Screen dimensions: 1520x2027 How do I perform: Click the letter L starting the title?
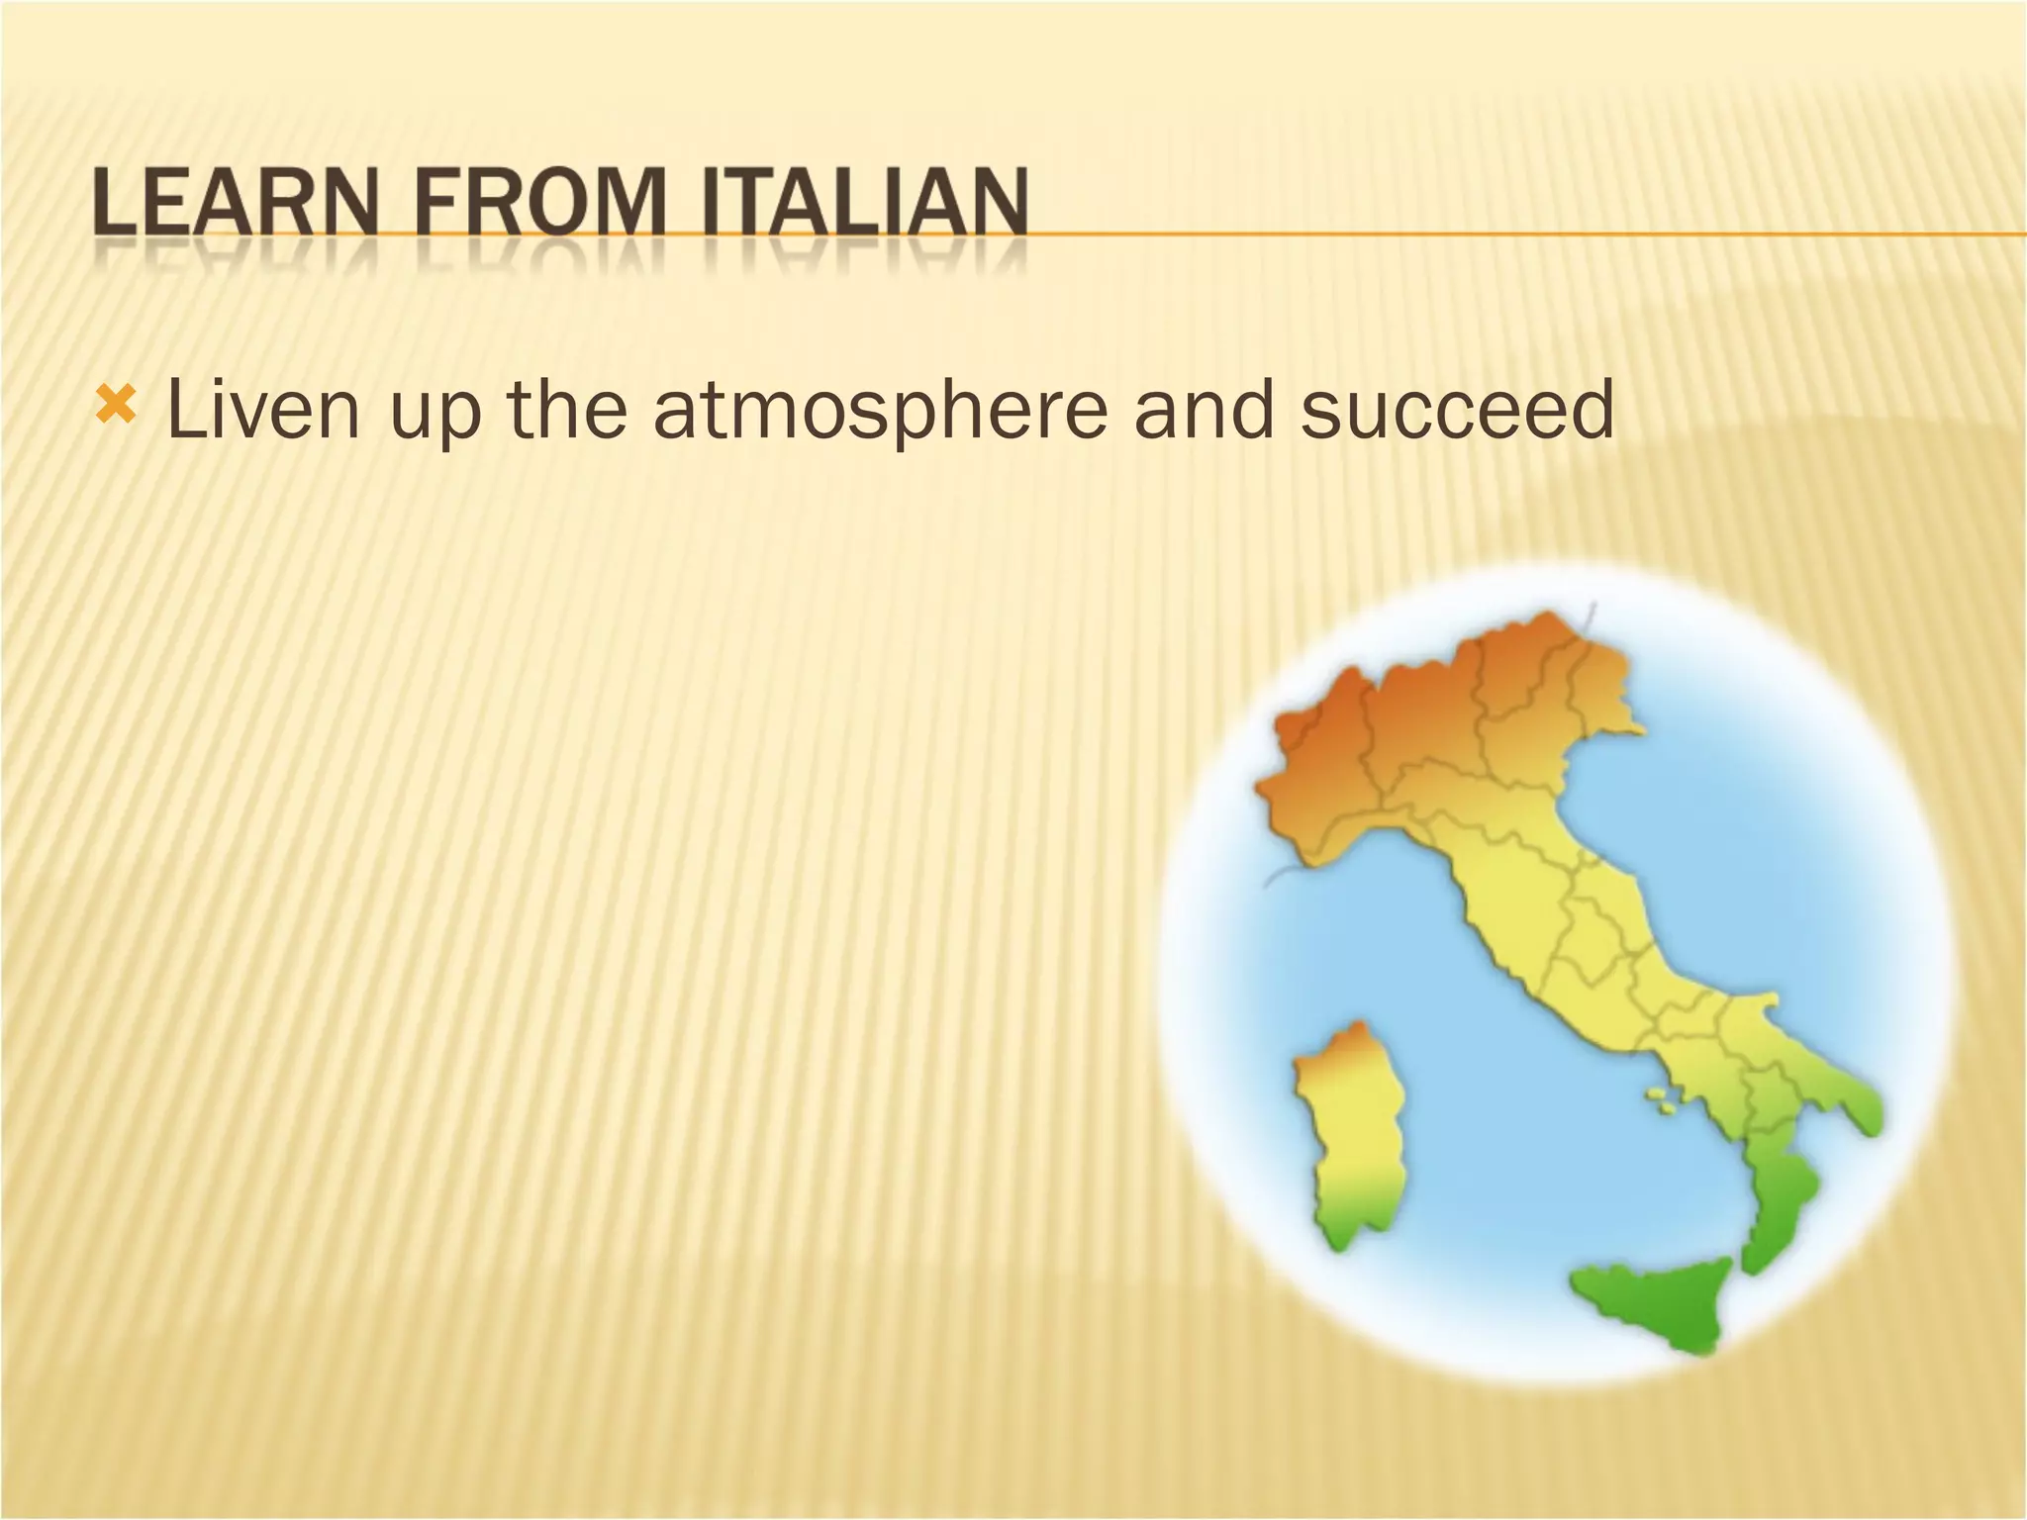click(x=113, y=205)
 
